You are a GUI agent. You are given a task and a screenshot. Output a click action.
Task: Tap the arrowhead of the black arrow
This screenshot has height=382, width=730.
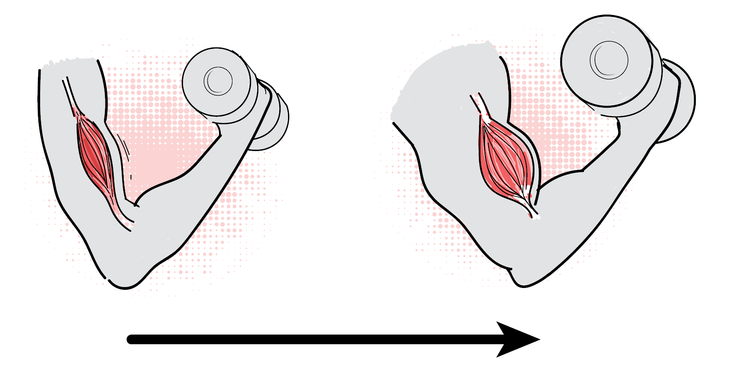click(520, 340)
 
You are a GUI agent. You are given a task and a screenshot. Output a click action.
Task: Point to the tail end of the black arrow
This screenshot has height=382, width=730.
click(132, 340)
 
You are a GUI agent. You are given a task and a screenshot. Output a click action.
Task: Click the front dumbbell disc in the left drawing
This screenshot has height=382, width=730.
click(217, 82)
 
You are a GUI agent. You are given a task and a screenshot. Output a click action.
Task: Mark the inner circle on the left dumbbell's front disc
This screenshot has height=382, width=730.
click(219, 81)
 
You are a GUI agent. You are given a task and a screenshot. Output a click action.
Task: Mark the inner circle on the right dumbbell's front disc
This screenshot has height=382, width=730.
click(609, 60)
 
